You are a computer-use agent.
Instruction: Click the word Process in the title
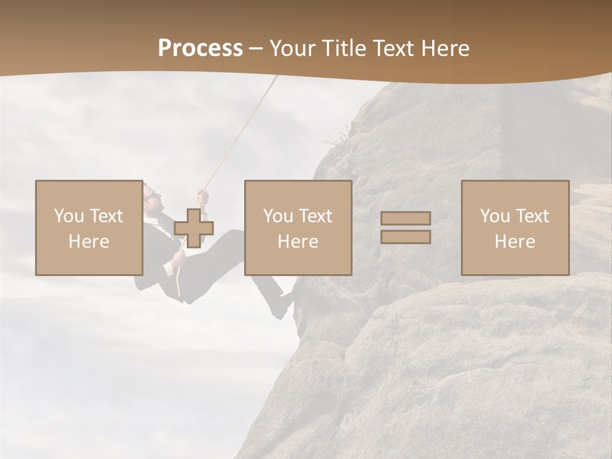[x=200, y=48]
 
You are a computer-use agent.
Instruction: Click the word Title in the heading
[x=343, y=48]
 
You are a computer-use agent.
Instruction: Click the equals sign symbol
[x=405, y=228]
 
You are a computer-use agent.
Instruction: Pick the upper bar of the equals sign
[x=405, y=218]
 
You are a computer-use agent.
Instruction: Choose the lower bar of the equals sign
[x=405, y=237]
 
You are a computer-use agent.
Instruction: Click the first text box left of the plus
[x=89, y=228]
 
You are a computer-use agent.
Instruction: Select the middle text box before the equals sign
[x=298, y=228]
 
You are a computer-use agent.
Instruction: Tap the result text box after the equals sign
[x=514, y=228]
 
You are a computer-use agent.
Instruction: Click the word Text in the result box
[x=532, y=216]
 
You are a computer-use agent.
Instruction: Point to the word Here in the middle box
[x=298, y=242]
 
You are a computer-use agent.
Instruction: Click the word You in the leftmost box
[x=68, y=216]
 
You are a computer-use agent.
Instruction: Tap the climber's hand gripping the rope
[x=203, y=196]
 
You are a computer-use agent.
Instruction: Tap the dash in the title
[x=256, y=48]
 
